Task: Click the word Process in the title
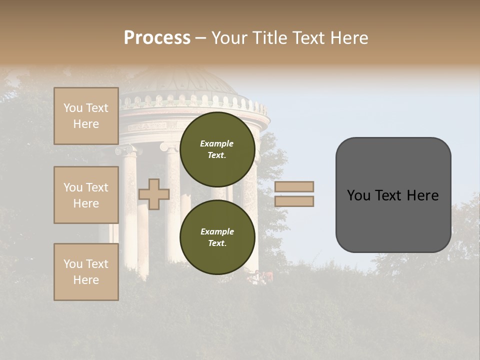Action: click(x=157, y=38)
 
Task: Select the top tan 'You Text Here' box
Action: click(x=86, y=116)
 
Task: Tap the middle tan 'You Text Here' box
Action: click(x=86, y=195)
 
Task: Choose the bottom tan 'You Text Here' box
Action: click(x=86, y=272)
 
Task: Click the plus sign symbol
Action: click(x=154, y=194)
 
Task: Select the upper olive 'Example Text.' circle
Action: click(x=217, y=149)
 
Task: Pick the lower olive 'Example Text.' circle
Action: click(x=217, y=237)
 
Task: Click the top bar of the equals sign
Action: click(x=294, y=187)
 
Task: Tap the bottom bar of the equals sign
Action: click(x=294, y=201)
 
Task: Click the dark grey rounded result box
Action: click(x=393, y=220)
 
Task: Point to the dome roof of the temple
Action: click(x=180, y=82)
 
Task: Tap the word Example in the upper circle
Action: click(x=217, y=143)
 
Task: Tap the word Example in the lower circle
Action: click(x=217, y=231)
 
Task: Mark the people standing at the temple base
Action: click(x=262, y=276)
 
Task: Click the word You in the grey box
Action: click(x=359, y=195)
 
